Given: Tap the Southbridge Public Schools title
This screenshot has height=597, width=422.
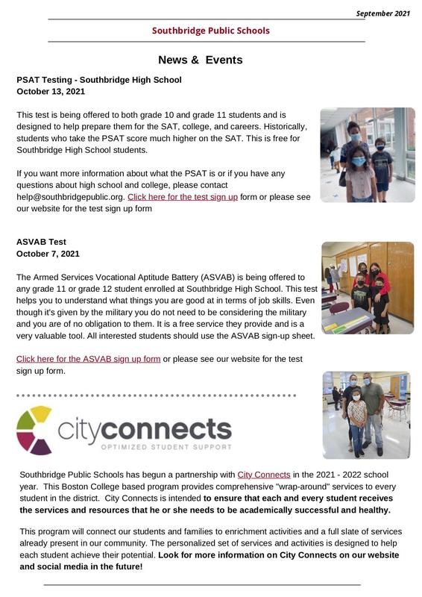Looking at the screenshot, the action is tap(210, 31).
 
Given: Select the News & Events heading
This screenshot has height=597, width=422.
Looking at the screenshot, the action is tap(200, 60).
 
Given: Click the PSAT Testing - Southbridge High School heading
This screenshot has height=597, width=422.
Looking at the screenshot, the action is tap(98, 79).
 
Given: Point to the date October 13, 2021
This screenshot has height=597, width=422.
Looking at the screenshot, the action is tap(51, 91).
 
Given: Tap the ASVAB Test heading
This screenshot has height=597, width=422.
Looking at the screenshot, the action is tap(41, 242).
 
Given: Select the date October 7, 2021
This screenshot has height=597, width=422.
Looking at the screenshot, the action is tap(48, 254).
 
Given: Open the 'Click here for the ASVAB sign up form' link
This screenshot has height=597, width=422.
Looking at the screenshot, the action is tap(88, 359).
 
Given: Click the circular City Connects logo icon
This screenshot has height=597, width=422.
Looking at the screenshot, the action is tap(34, 430).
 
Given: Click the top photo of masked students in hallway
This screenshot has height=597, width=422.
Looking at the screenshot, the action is tap(367, 154).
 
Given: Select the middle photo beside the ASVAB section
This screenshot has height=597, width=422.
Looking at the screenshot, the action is tap(367, 287).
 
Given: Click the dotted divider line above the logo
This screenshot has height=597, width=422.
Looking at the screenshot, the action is tap(157, 396).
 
